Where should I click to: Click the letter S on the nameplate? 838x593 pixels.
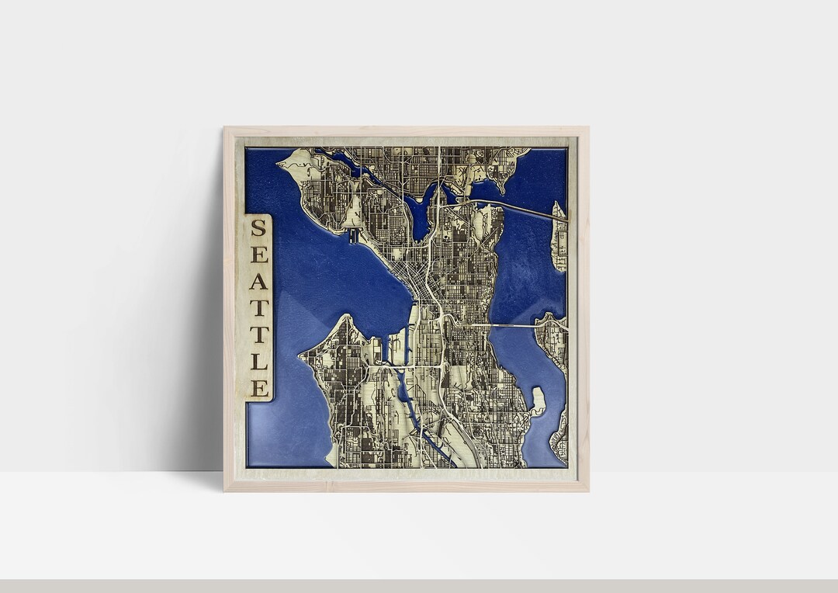(x=258, y=227)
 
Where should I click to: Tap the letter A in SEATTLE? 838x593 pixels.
(x=258, y=281)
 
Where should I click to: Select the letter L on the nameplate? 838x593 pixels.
(x=258, y=362)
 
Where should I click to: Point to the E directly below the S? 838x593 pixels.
(x=258, y=254)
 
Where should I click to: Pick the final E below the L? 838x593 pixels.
(x=258, y=388)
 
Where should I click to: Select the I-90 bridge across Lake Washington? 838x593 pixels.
(x=512, y=326)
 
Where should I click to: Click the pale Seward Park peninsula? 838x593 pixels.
(x=537, y=401)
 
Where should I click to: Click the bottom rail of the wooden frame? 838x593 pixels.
(x=406, y=485)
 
